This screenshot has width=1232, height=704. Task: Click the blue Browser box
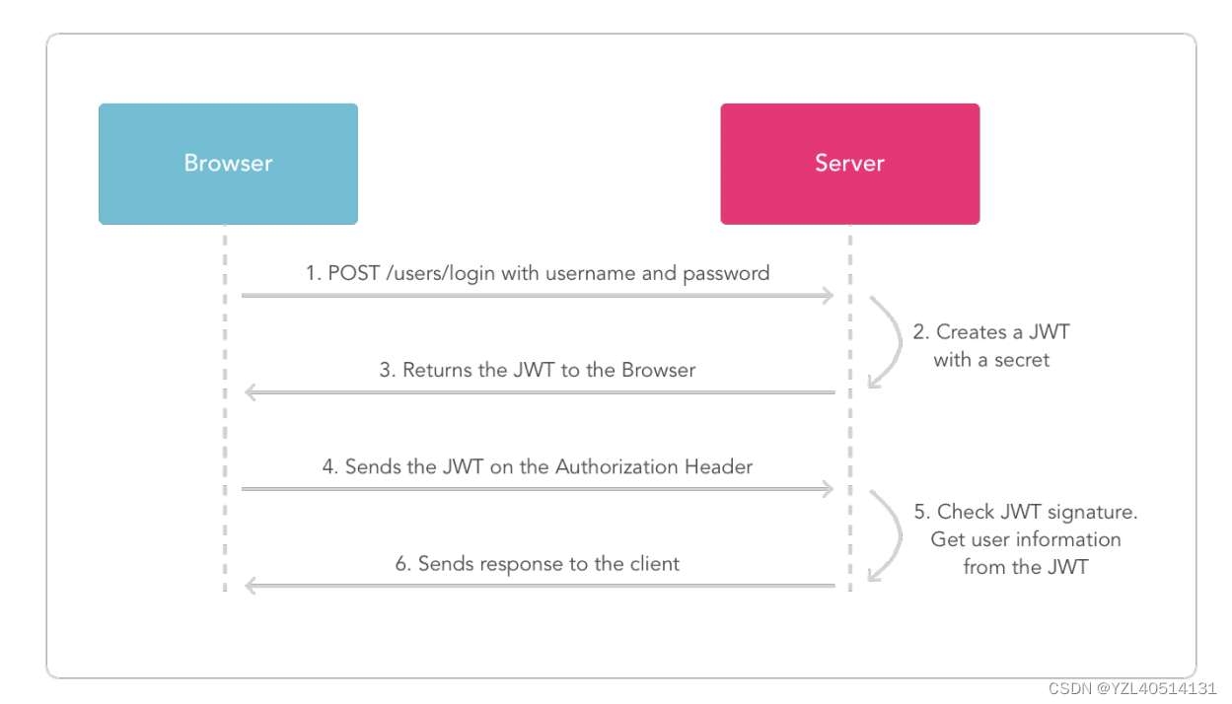[228, 164]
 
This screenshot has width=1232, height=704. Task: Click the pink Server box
[849, 164]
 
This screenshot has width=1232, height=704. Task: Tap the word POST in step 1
[354, 273]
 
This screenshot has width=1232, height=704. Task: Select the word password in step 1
[726, 274]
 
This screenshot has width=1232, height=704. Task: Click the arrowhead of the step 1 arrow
[828, 295]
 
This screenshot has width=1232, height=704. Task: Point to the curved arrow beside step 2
[898, 341]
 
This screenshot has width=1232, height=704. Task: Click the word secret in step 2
[1022, 360]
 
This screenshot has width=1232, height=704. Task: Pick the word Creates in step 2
[972, 332]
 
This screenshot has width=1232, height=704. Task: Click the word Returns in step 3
[437, 370]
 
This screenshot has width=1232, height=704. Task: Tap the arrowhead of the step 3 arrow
[251, 392]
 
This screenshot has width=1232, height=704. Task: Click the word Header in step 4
[718, 466]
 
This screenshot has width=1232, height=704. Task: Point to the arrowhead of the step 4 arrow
[828, 489]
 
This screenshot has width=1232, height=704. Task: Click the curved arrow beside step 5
[898, 534]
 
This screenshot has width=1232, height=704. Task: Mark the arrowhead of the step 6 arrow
[251, 586]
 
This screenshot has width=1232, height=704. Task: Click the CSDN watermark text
[1132, 688]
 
